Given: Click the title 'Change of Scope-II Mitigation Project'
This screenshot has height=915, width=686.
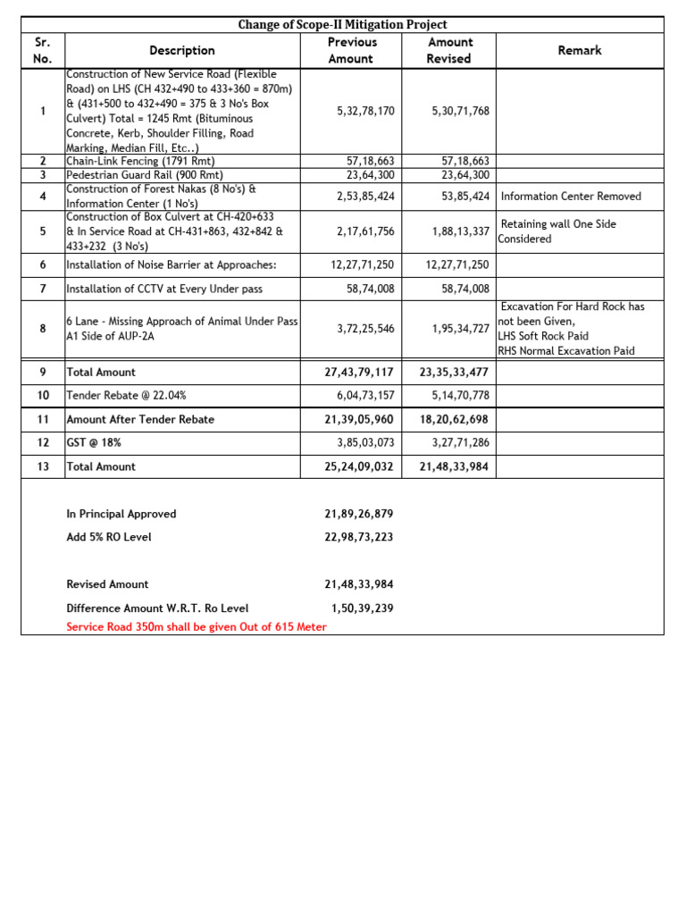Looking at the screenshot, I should click(x=342, y=24).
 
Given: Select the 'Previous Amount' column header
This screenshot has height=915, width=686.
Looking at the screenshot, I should click(x=352, y=50).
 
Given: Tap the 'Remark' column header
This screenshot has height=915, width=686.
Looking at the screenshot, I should click(x=579, y=50).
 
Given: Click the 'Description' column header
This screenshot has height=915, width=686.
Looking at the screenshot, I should click(x=182, y=50).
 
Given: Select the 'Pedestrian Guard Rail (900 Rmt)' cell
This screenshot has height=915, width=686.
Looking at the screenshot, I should click(x=145, y=175).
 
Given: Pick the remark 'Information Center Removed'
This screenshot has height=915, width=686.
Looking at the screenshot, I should click(x=571, y=197).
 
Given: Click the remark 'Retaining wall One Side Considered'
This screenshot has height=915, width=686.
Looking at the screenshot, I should click(x=558, y=231).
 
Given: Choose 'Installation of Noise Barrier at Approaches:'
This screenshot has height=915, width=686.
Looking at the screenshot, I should click(x=171, y=264).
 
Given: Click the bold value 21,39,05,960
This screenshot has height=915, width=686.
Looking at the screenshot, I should click(x=359, y=419).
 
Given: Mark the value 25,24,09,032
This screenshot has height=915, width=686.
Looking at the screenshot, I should click(x=359, y=466).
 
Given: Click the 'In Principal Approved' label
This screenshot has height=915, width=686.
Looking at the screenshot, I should click(x=121, y=514).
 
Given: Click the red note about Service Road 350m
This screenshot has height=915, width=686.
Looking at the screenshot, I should click(x=197, y=627).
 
